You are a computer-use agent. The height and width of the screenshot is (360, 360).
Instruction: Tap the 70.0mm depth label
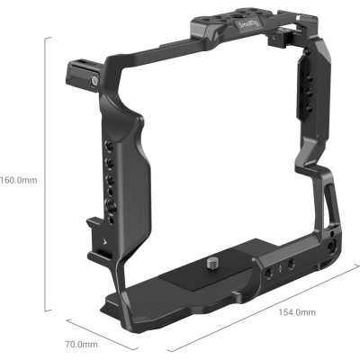[x=81, y=344]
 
